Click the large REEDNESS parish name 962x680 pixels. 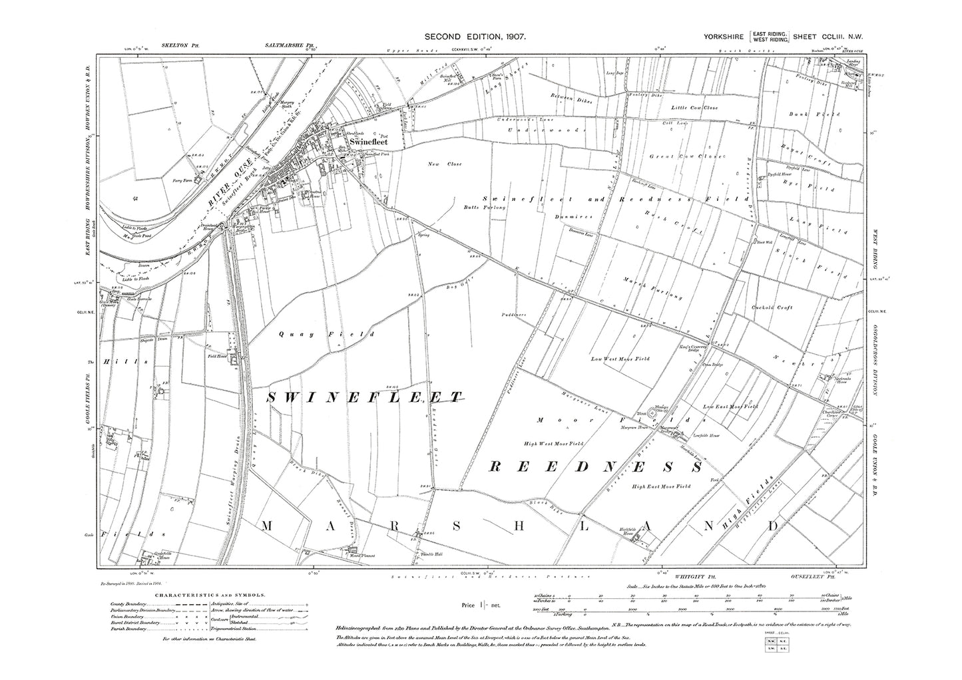(x=596, y=467)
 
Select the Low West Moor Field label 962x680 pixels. (x=620, y=359)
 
